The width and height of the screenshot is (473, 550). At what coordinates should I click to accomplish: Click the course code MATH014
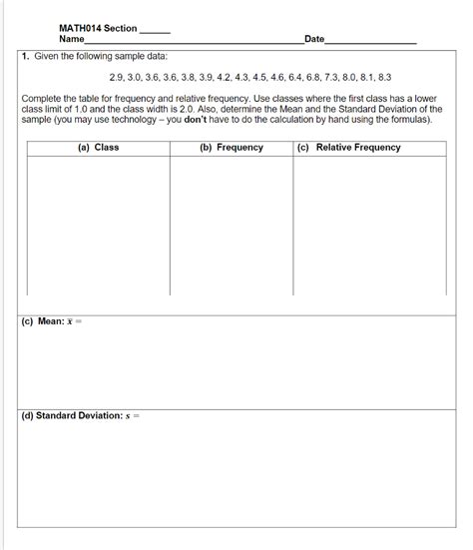pos(79,28)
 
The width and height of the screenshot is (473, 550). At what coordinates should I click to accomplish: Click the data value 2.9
pos(117,76)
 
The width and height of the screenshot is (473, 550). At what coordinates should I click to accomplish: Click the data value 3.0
pos(139,76)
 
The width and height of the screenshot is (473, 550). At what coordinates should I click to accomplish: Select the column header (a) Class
pos(98,148)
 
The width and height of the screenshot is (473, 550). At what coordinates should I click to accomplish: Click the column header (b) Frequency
pos(231,148)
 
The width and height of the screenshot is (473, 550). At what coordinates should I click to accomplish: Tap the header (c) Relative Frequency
pos(347,148)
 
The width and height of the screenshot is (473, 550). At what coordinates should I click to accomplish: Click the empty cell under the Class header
pos(98,225)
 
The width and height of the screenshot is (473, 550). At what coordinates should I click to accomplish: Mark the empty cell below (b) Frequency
pos(231,225)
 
